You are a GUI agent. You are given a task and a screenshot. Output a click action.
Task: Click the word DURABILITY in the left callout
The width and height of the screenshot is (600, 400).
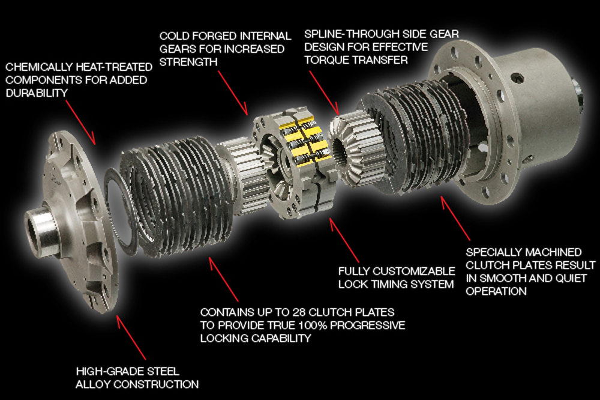pos(37,93)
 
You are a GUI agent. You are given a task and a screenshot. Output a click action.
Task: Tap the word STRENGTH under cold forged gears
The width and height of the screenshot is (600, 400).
pos(188,62)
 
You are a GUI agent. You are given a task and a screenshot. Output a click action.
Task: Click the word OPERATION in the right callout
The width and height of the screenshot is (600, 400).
pos(496,291)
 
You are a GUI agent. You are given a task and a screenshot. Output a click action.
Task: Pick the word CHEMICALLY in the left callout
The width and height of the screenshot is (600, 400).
pos(37,67)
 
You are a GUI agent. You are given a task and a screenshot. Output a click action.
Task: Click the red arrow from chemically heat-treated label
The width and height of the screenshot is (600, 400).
pos(80,123)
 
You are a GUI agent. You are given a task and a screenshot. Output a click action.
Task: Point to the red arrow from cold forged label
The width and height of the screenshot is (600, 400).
pos(233,92)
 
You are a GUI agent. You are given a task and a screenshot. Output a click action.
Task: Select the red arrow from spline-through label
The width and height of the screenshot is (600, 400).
pos(324,92)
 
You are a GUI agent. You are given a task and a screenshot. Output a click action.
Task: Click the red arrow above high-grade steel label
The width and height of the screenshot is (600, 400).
pos(131,338)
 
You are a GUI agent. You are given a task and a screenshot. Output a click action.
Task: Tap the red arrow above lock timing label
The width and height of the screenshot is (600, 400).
pos(344,240)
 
